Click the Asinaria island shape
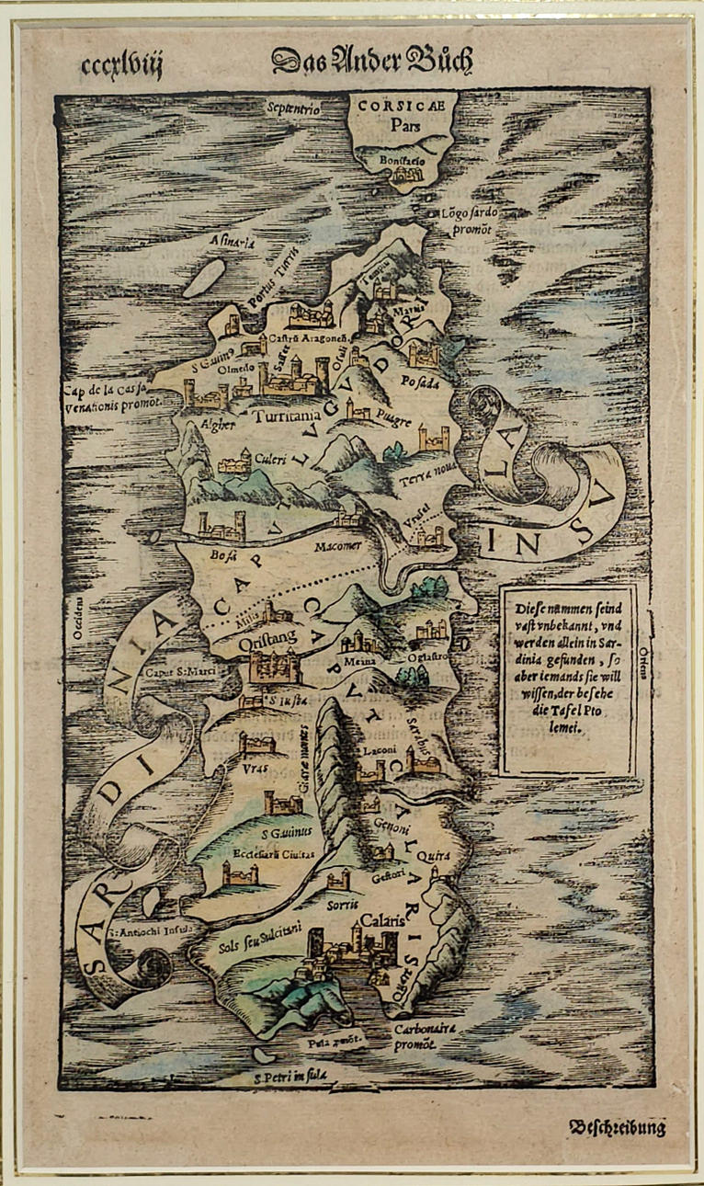pyautogui.click(x=204, y=277)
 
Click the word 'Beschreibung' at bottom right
pyautogui.click(x=617, y=1128)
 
